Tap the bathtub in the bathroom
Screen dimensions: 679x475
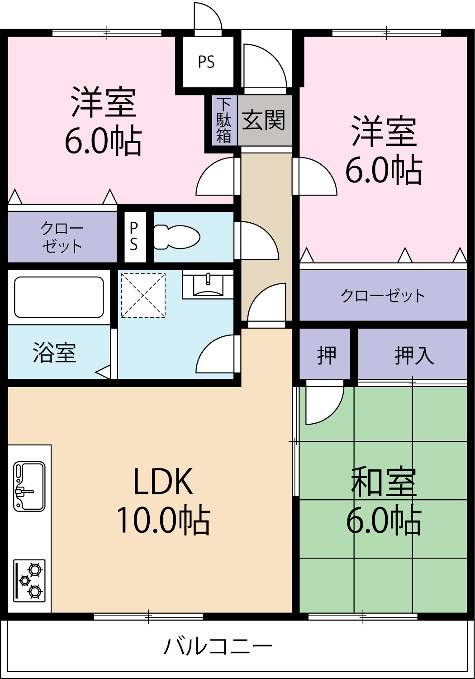coord(59,297)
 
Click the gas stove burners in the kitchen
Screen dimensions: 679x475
coord(30,581)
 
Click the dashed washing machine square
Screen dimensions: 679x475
coord(142,295)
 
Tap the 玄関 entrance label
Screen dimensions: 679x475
coord(264,120)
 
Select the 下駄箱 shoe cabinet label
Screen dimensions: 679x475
coord(224,120)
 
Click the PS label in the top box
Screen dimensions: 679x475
coord(206,62)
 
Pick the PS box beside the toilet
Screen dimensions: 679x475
coord(134,236)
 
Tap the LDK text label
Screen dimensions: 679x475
coord(163,482)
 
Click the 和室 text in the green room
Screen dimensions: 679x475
coord(384,483)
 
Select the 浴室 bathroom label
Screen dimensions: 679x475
coord(54,353)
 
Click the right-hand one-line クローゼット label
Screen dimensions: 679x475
coord(383,296)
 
